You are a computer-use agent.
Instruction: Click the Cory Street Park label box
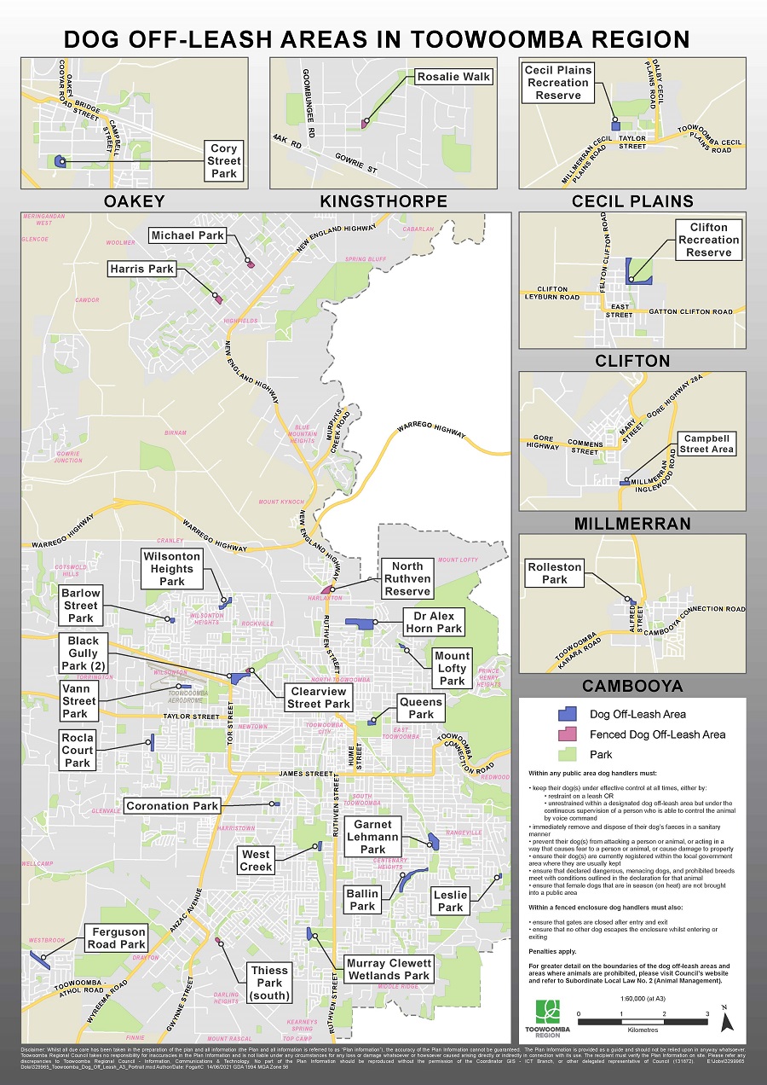pyautogui.click(x=225, y=161)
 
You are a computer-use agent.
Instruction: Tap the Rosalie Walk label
pyautogui.click(x=454, y=77)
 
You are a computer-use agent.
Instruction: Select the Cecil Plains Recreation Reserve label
pyautogui.click(x=558, y=83)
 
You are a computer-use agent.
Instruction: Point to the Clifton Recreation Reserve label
pyautogui.click(x=709, y=240)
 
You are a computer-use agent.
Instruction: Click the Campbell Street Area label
pyautogui.click(x=707, y=444)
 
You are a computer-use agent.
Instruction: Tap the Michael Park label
pyautogui.click(x=187, y=235)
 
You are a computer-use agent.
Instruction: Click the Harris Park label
pyautogui.click(x=141, y=270)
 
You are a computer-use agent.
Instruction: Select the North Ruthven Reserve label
pyautogui.click(x=407, y=578)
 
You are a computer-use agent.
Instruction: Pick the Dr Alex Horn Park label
pyautogui.click(x=434, y=622)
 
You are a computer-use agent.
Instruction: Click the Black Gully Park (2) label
pyautogui.click(x=84, y=653)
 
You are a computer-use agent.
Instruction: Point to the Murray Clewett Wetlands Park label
pyautogui.click(x=389, y=969)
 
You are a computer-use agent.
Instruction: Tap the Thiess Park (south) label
pyautogui.click(x=269, y=983)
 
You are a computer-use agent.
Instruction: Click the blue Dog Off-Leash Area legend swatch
pyautogui.click(x=566, y=715)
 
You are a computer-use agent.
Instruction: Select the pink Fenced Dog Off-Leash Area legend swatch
pyautogui.click(x=566, y=734)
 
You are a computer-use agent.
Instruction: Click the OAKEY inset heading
pyautogui.click(x=134, y=201)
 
